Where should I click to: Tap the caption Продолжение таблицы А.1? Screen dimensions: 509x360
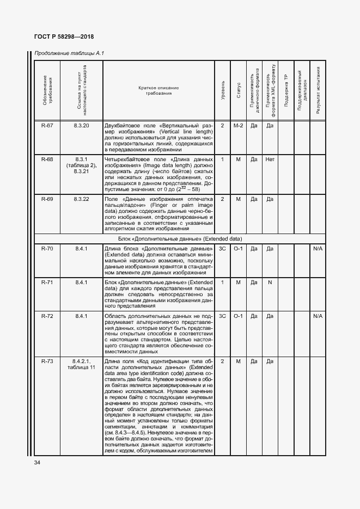(69, 53)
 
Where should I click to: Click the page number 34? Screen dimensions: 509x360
(37, 462)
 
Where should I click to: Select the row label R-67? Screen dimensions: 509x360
(47, 126)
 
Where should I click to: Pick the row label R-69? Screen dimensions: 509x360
(47, 200)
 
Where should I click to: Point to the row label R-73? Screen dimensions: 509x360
(47, 361)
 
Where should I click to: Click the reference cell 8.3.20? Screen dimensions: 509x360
(81, 126)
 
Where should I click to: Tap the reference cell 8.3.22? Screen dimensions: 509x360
(81, 200)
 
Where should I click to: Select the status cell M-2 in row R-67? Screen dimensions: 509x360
(238, 126)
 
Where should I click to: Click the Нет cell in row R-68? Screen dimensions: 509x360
(269, 159)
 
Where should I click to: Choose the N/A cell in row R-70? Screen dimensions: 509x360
(318, 248)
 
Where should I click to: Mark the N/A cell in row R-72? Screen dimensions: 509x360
(318, 316)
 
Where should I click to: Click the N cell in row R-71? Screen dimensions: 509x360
(269, 283)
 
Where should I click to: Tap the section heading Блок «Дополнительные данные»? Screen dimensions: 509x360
(180, 238)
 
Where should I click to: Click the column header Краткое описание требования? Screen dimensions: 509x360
(158, 90)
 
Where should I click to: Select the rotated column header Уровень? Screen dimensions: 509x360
(223, 90)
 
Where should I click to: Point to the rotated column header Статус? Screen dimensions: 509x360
(239, 90)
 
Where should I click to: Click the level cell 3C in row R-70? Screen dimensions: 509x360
(222, 248)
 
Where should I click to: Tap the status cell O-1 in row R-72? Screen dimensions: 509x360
(238, 316)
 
